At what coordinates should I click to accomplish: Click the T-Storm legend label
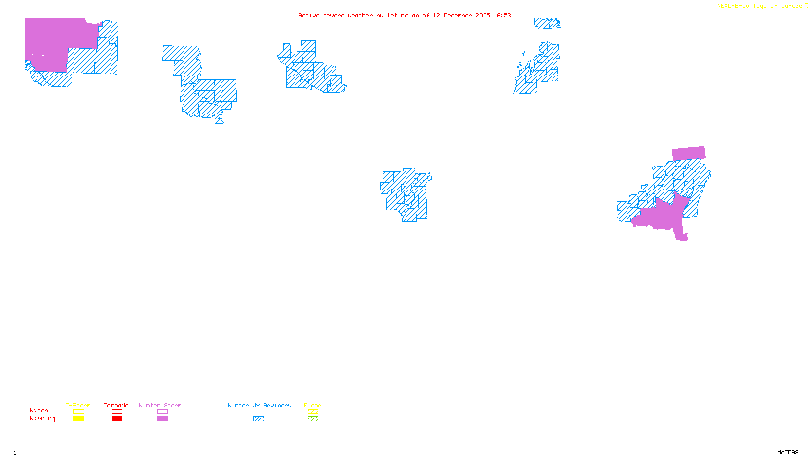click(x=78, y=405)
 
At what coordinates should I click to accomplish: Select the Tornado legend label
click(x=116, y=405)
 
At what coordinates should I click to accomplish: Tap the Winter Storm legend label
click(x=160, y=405)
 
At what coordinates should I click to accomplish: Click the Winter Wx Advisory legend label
click(x=260, y=405)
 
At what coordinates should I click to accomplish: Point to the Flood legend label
click(x=313, y=405)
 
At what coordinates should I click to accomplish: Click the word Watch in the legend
click(x=39, y=410)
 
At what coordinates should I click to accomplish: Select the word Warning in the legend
click(x=43, y=419)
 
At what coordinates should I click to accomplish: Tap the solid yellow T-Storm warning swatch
click(x=79, y=419)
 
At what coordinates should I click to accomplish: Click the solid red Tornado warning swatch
click(x=117, y=419)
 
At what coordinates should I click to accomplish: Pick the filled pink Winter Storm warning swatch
click(x=162, y=419)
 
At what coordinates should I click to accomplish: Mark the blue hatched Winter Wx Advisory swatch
click(x=259, y=419)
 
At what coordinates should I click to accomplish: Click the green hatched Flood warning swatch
click(x=313, y=419)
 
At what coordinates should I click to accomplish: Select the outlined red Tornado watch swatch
click(x=117, y=412)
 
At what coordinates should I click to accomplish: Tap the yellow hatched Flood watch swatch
click(x=313, y=412)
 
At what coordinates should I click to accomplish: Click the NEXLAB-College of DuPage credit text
click(x=760, y=6)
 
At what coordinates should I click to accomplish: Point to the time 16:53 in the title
click(x=502, y=16)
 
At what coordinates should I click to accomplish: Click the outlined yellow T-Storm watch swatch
click(x=79, y=412)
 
